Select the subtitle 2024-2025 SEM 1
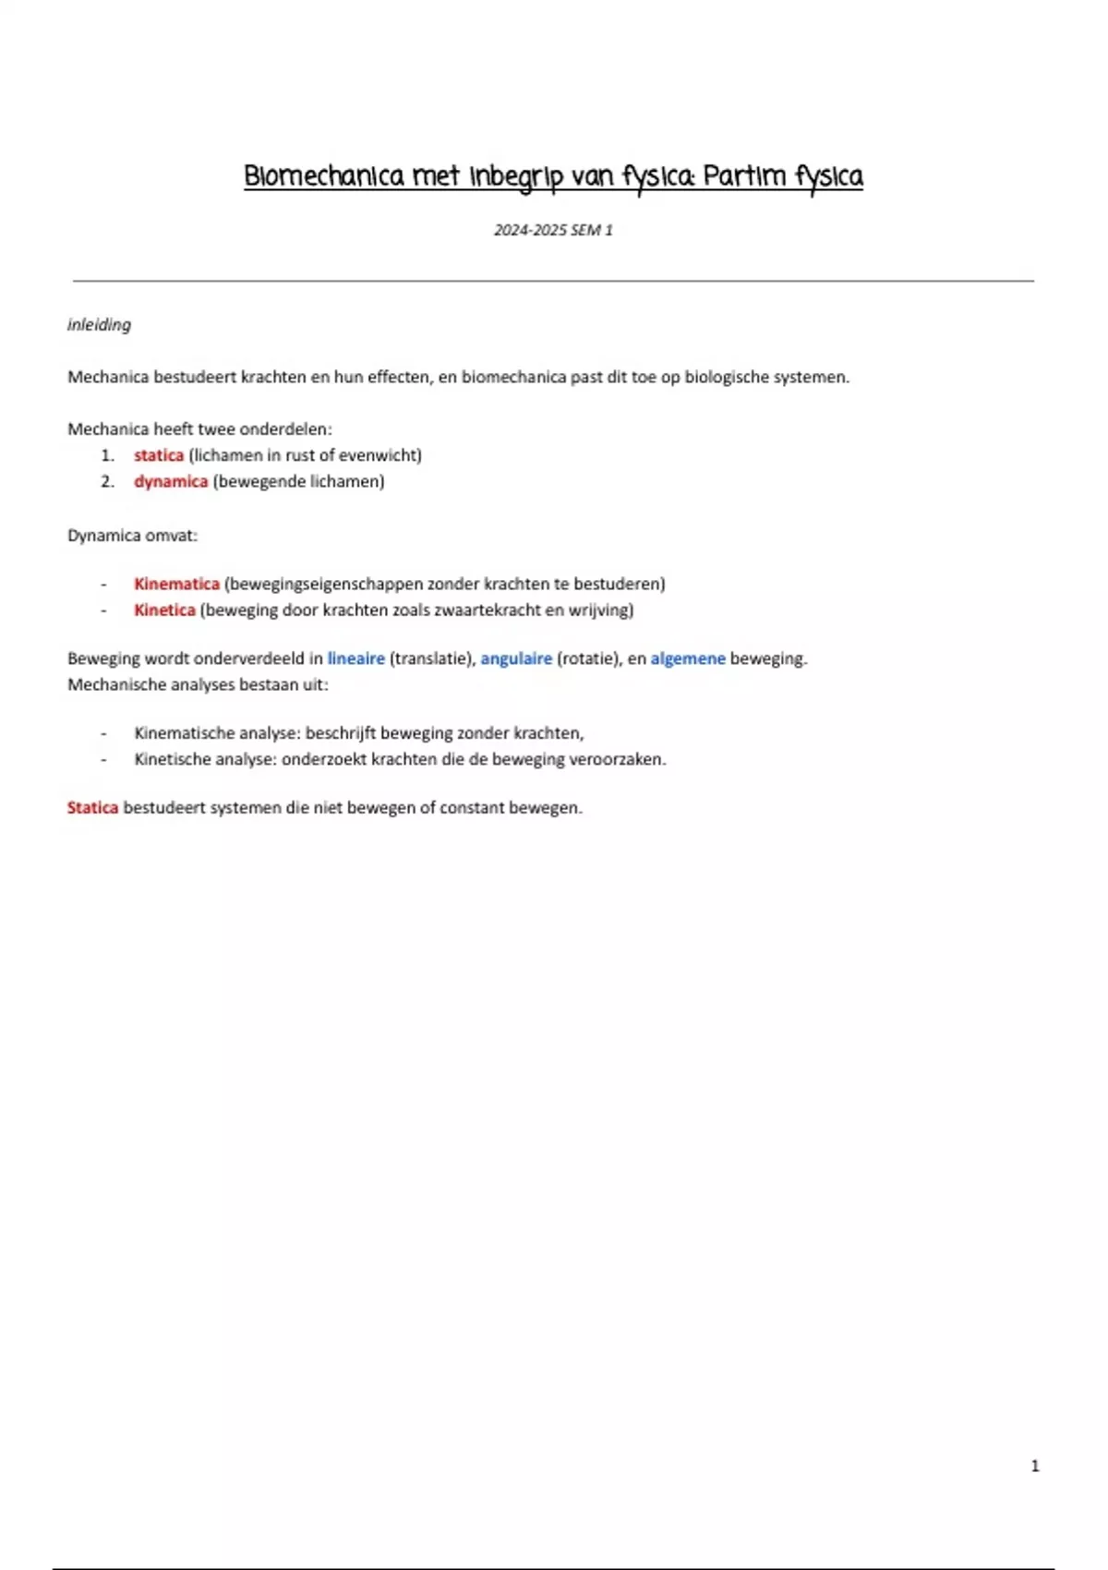pyautogui.click(x=553, y=230)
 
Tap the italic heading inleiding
pyautogui.click(x=99, y=325)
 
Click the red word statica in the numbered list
pyautogui.click(x=159, y=455)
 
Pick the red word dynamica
pyautogui.click(x=171, y=481)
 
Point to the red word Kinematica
pyautogui.click(x=176, y=584)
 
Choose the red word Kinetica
pyautogui.click(x=164, y=610)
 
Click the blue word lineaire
pyautogui.click(x=355, y=658)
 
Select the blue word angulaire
pyautogui.click(x=516, y=658)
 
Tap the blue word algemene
pyautogui.click(x=688, y=658)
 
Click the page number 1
pyautogui.click(x=1035, y=1466)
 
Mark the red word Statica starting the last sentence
pyautogui.click(x=92, y=808)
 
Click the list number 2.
pyautogui.click(x=108, y=481)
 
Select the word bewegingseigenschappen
pyautogui.click(x=325, y=584)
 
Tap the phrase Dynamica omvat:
pyautogui.click(x=132, y=536)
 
